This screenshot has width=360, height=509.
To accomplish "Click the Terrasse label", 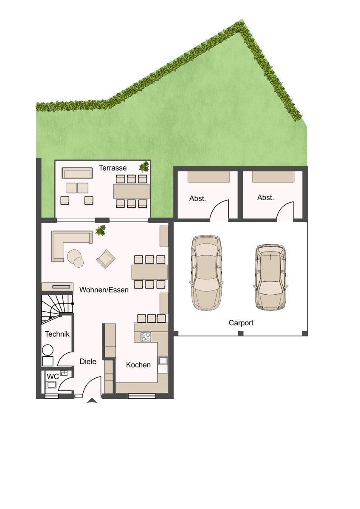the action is (112, 168).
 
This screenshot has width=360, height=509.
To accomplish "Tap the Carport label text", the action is (241, 323).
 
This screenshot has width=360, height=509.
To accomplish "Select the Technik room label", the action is (57, 334).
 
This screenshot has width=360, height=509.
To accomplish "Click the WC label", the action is (53, 377).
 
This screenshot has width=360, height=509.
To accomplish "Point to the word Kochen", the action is (138, 365).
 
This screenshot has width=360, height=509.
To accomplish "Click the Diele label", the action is (88, 361).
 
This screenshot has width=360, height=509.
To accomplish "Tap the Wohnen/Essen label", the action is (104, 290).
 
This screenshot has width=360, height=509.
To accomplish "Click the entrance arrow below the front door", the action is (92, 400).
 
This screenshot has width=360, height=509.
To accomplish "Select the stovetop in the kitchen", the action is (146, 337).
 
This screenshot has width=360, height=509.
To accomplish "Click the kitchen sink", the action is (163, 361).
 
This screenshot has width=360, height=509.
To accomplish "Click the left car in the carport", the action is (206, 273).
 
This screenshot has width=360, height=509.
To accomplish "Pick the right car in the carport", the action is (270, 277).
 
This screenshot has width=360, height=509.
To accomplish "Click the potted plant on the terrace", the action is (144, 167).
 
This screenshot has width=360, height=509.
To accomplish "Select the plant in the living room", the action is (101, 230).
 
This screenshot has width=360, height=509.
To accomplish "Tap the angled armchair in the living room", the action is (106, 259).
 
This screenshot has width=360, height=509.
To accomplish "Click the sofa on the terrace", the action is (77, 173).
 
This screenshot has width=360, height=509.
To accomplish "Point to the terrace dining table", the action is (132, 191).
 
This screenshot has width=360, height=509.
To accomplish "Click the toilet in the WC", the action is (51, 384).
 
